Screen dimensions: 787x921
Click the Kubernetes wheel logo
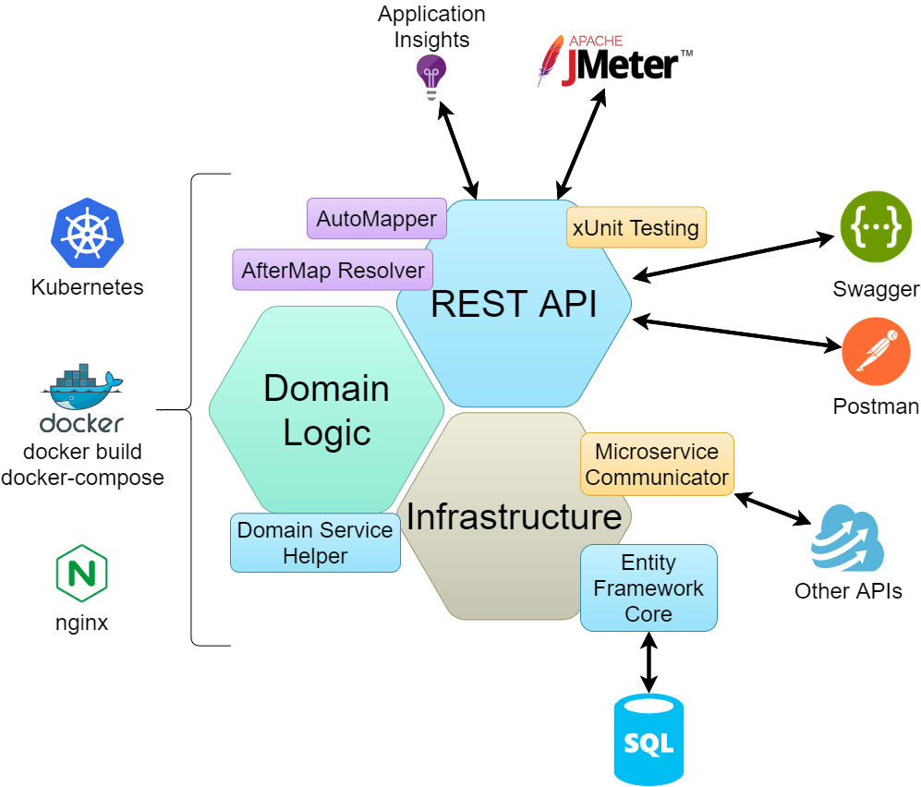click(x=87, y=232)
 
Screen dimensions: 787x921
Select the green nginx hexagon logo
click(x=81, y=574)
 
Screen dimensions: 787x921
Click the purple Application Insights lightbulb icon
click(x=431, y=75)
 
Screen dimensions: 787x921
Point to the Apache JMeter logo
click(x=614, y=61)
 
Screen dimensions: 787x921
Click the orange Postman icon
click(x=876, y=353)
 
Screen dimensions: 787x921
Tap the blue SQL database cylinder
click(x=649, y=740)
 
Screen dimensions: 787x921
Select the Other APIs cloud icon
click(x=847, y=539)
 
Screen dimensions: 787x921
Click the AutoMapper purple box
click(x=376, y=219)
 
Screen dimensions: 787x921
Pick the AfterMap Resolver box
click(x=333, y=271)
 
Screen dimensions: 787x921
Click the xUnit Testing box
click(x=636, y=227)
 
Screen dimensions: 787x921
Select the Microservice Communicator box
click(x=657, y=465)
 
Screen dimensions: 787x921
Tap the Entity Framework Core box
click(x=648, y=587)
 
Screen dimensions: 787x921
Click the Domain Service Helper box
click(x=315, y=542)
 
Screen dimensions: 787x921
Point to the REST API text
click(x=514, y=304)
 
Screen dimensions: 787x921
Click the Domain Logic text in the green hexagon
click(x=326, y=410)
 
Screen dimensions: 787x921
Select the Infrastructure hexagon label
click(x=514, y=516)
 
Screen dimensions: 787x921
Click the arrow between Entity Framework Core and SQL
click(x=649, y=662)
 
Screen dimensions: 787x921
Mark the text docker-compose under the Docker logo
click(x=82, y=478)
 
